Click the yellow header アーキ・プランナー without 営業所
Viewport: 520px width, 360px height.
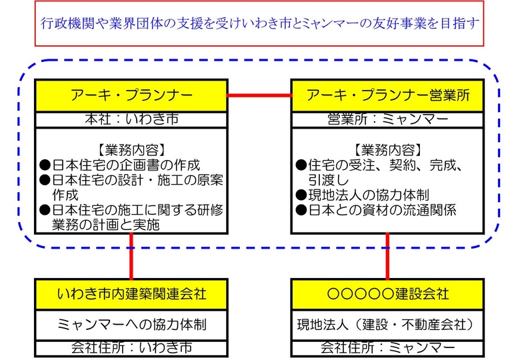pyautogui.click(x=131, y=95)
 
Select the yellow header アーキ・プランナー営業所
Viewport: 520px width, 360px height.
pyautogui.click(x=387, y=95)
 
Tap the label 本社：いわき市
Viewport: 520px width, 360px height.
pyautogui.click(x=131, y=119)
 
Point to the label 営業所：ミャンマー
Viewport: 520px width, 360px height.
pyautogui.click(x=388, y=119)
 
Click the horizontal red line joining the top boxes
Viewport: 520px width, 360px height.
pyautogui.click(x=259, y=95)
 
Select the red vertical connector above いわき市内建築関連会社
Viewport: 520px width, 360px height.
pyautogui.click(x=131, y=256)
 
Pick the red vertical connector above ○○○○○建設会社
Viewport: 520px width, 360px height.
pyautogui.click(x=387, y=256)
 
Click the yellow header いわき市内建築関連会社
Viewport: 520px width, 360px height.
pyautogui.click(x=131, y=294)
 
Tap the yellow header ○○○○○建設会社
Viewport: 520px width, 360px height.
pyautogui.click(x=387, y=294)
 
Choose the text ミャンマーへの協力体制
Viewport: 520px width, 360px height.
pyautogui.click(x=131, y=325)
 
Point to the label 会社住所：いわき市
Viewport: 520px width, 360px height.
pyautogui.click(x=131, y=347)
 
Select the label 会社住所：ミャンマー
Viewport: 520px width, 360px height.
pyautogui.click(x=388, y=347)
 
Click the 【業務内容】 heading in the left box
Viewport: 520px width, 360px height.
pyautogui.click(x=131, y=150)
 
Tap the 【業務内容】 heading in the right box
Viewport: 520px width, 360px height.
pyautogui.click(x=388, y=150)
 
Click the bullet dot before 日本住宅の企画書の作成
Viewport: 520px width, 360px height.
pyautogui.click(x=45, y=165)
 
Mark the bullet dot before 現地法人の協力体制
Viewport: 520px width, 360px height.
pyautogui.click(x=301, y=195)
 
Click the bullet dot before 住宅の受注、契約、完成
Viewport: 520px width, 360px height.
pyautogui.click(x=301, y=165)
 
